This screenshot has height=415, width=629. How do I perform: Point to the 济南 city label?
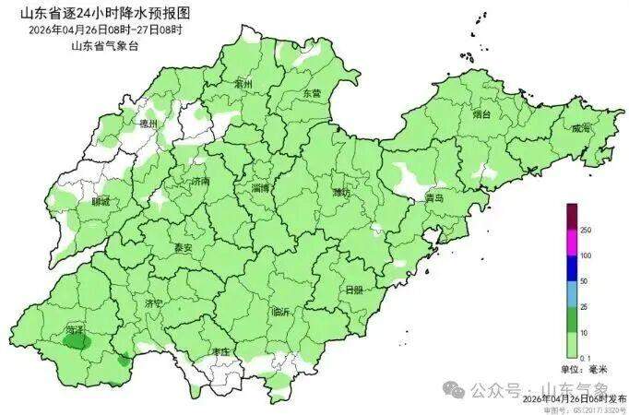coord(200,183)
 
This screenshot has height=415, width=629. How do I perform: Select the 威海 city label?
coord(580,129)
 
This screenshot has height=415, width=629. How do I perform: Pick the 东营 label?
coord(312,94)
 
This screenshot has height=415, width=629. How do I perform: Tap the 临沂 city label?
coord(281,312)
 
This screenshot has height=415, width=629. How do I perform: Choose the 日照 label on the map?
coord(353,290)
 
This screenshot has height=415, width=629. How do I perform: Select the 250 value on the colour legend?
coord(584,230)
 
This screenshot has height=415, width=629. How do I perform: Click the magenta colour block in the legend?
coord(571,243)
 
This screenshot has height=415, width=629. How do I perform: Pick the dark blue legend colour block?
coord(571,268)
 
